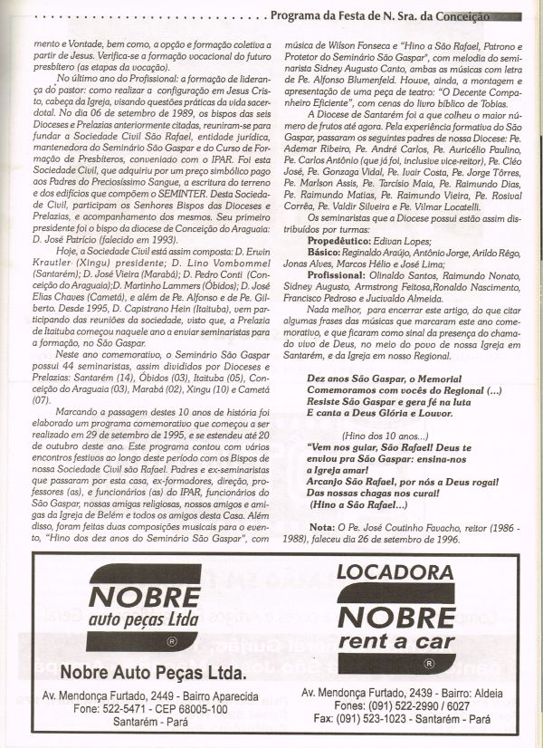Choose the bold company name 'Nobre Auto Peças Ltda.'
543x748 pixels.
pyautogui.click(x=153, y=675)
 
